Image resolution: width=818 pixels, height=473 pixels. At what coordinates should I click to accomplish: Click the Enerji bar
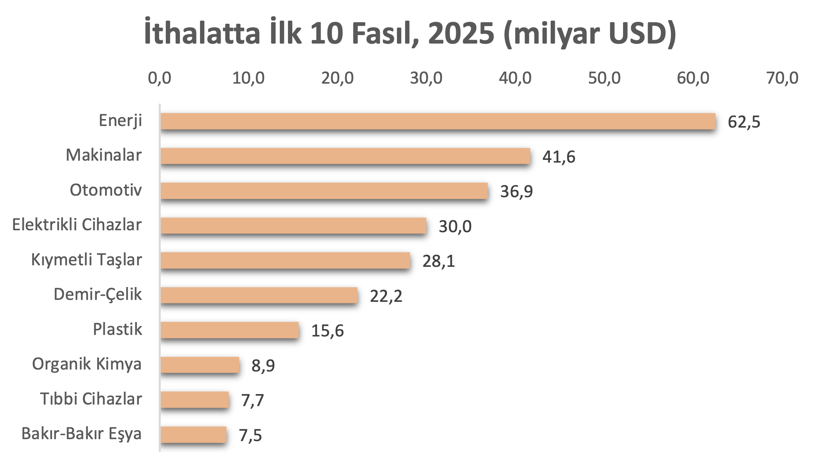pos(438,121)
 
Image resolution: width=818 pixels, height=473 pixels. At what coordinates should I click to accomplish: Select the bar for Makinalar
pos(345,156)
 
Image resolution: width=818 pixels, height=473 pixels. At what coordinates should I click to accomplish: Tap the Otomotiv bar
pos(324,191)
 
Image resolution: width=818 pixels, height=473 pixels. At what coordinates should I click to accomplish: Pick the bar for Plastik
pos(230,330)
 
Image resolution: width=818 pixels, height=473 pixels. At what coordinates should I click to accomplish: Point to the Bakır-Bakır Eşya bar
pos(193,434)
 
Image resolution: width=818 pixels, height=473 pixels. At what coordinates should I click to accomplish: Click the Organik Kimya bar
pos(200,365)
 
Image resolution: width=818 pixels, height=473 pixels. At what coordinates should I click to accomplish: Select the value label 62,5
pos(744,122)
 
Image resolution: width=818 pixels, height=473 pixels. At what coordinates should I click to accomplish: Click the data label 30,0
pos(455,226)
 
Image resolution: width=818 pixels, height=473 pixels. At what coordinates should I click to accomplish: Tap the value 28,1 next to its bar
pos(439,261)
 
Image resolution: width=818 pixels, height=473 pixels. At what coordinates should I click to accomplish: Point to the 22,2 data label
pos(386,296)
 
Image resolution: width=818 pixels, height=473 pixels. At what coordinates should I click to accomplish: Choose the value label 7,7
pos(253,400)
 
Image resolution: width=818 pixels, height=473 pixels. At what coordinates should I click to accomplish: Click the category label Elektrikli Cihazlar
pos(77,225)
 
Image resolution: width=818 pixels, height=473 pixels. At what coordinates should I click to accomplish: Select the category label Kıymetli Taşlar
pos(86,260)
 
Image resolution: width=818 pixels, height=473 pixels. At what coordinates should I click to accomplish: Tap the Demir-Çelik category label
pos(97,294)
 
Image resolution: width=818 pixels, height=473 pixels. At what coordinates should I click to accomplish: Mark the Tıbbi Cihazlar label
pos(91,399)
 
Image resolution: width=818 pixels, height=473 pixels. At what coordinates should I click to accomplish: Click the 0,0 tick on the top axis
pos(160,78)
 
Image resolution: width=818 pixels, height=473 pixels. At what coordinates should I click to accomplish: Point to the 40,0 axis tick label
pos(515,78)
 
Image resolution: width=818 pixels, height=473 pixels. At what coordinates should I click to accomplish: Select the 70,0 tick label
pos(782,78)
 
